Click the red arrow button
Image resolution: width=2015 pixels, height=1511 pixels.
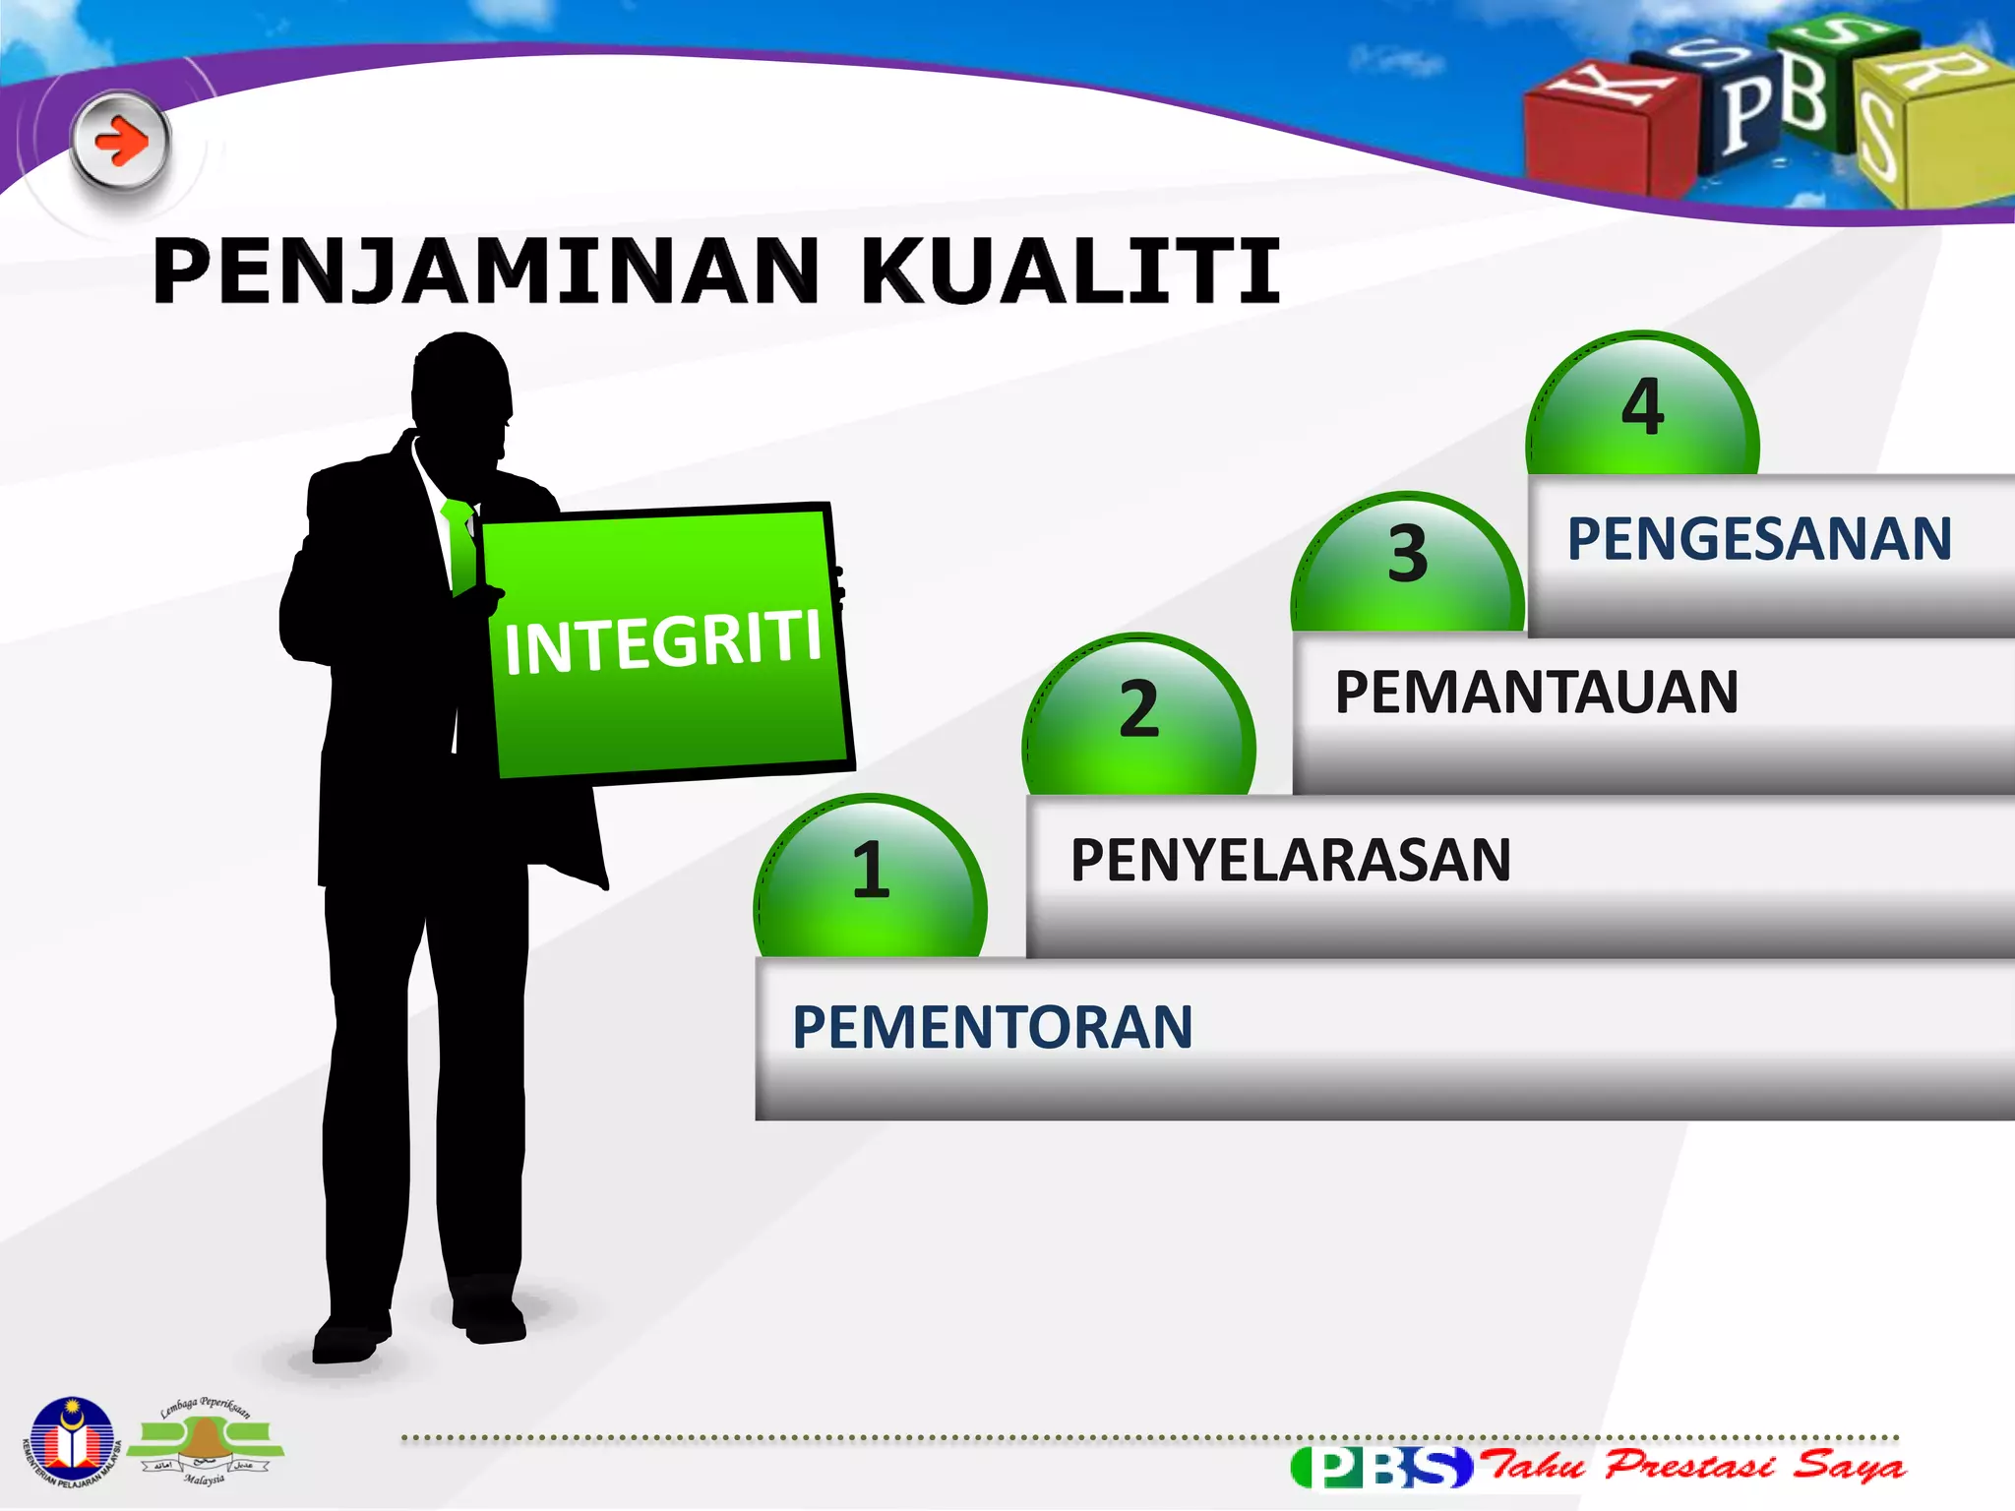point(121,142)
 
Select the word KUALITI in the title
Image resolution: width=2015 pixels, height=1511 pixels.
point(1070,272)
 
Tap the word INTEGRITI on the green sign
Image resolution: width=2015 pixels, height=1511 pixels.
point(662,642)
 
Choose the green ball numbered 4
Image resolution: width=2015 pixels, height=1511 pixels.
point(1642,405)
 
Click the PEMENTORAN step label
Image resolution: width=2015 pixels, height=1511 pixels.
point(992,1027)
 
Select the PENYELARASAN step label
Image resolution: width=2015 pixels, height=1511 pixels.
point(1290,861)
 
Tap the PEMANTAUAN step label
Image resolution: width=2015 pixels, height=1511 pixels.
point(1536,693)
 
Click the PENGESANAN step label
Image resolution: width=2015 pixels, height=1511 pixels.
point(1759,539)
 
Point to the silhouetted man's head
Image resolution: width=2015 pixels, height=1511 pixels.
point(460,393)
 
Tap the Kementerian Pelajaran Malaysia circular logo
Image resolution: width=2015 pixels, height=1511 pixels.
point(71,1442)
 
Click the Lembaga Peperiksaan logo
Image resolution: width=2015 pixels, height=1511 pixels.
point(205,1442)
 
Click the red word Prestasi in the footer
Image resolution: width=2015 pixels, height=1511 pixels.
point(1688,1466)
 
